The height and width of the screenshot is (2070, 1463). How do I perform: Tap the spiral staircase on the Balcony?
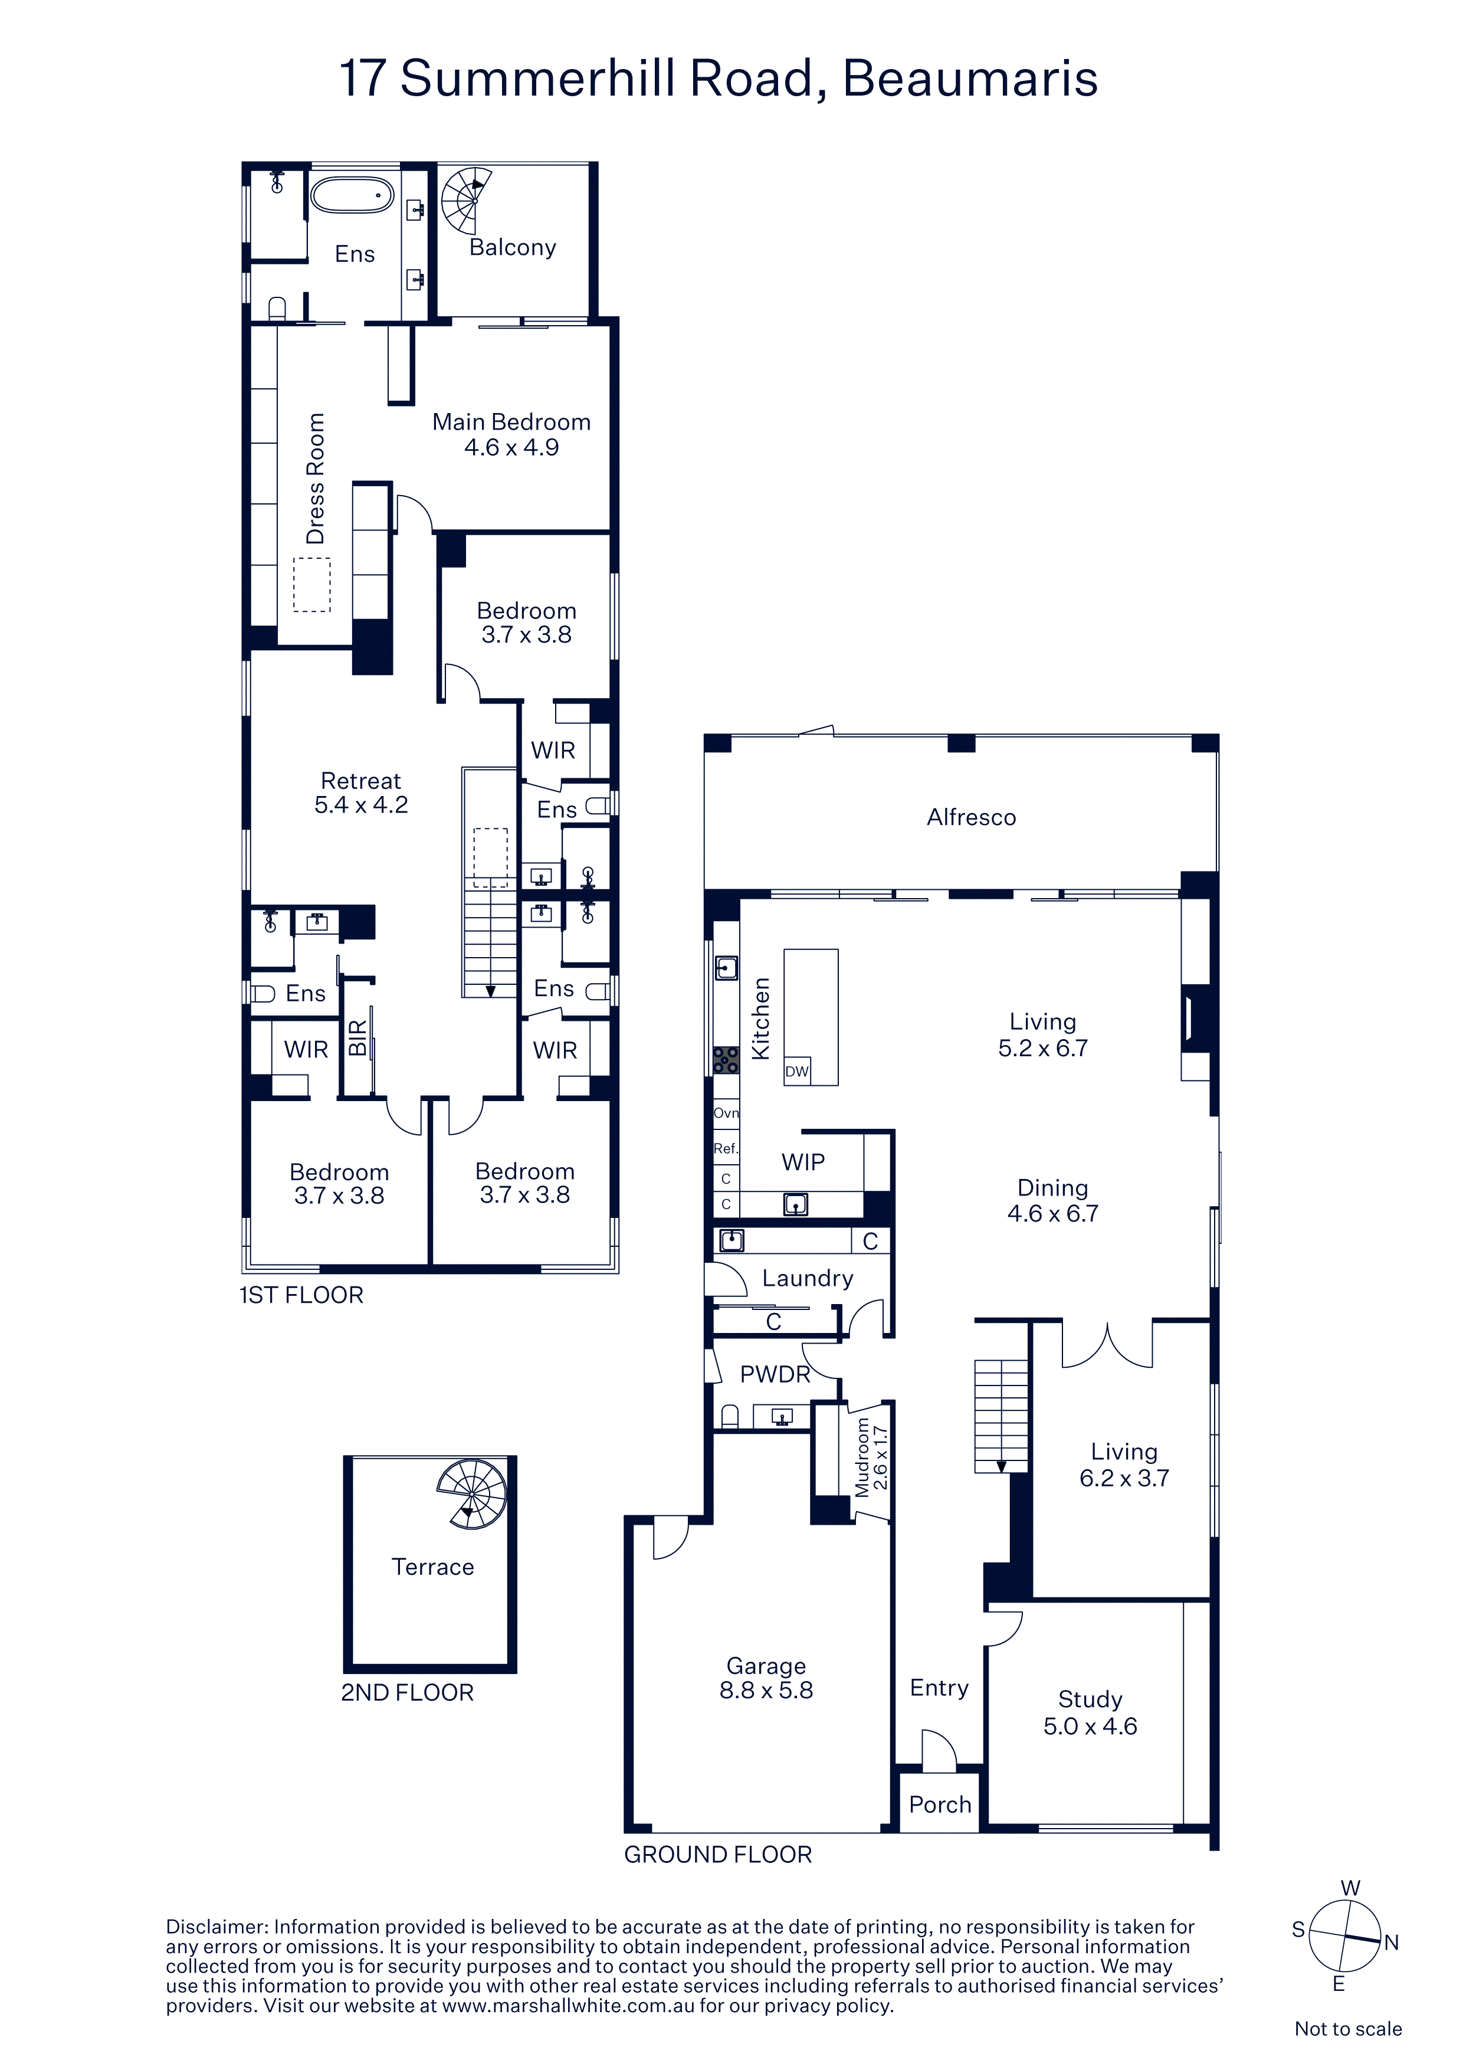click(x=465, y=200)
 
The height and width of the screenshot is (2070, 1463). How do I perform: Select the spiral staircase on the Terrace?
click(x=471, y=1494)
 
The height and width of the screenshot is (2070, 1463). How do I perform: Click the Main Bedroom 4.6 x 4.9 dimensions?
click(x=511, y=447)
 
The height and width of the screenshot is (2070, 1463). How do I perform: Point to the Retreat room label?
click(x=360, y=781)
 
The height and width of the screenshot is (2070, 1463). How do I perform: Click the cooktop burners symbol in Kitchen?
click(x=726, y=1059)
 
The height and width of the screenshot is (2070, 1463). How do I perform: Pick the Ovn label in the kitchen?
click(x=726, y=1112)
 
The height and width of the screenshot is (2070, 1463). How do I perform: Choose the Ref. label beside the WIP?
click(x=726, y=1149)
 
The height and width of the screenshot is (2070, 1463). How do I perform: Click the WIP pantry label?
click(x=803, y=1162)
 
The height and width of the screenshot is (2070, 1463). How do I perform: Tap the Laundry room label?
click(x=808, y=1279)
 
